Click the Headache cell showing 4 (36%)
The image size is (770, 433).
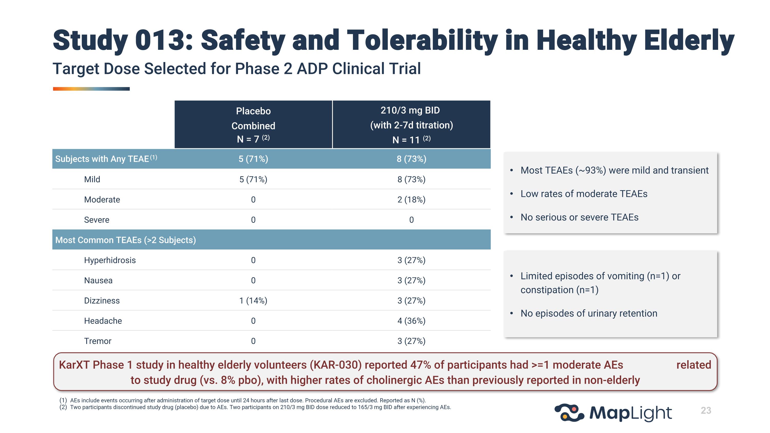click(x=411, y=321)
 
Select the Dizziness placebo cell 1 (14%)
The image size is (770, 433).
click(x=253, y=301)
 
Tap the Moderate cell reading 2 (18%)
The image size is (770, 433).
click(x=411, y=200)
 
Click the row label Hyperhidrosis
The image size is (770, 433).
click(x=110, y=260)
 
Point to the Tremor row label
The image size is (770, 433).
click(x=98, y=341)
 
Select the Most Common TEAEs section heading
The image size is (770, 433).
click(x=126, y=240)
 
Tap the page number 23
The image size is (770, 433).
click(x=706, y=410)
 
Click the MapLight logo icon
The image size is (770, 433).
click(x=569, y=413)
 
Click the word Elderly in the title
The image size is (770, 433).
click(x=689, y=40)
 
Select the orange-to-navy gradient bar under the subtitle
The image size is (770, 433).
click(x=91, y=89)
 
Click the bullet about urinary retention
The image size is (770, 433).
click(x=589, y=313)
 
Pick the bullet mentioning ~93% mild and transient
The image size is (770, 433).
click(x=614, y=170)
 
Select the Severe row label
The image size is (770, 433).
click(x=97, y=220)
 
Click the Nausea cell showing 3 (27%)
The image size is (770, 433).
click(x=411, y=280)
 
